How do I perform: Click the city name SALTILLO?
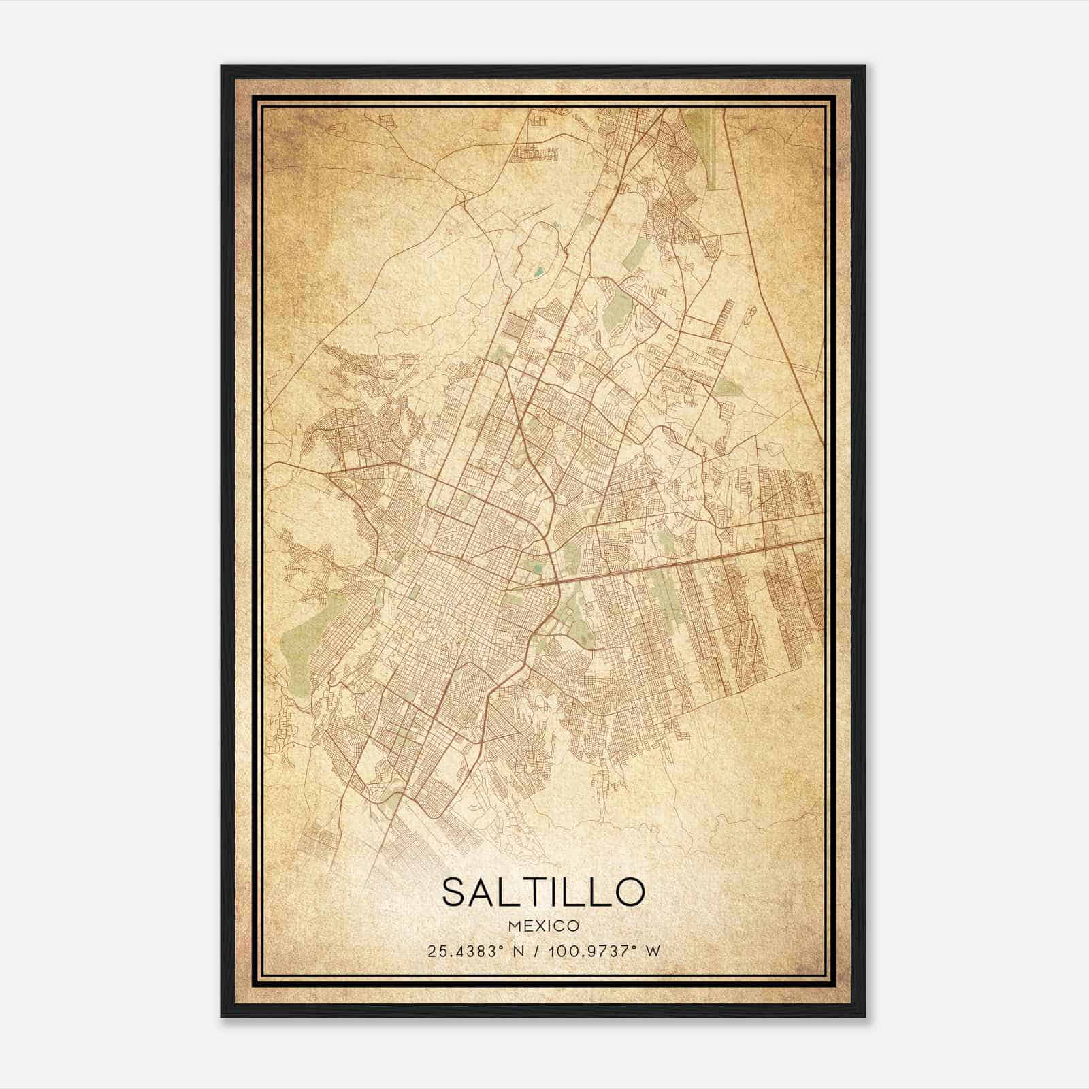click(x=543, y=892)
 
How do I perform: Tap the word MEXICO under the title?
click(x=543, y=926)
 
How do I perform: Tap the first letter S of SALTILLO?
click(x=456, y=892)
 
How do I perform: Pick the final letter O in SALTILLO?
click(x=628, y=892)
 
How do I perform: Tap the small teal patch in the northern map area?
click(x=539, y=272)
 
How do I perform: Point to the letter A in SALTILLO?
click(x=485, y=892)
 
